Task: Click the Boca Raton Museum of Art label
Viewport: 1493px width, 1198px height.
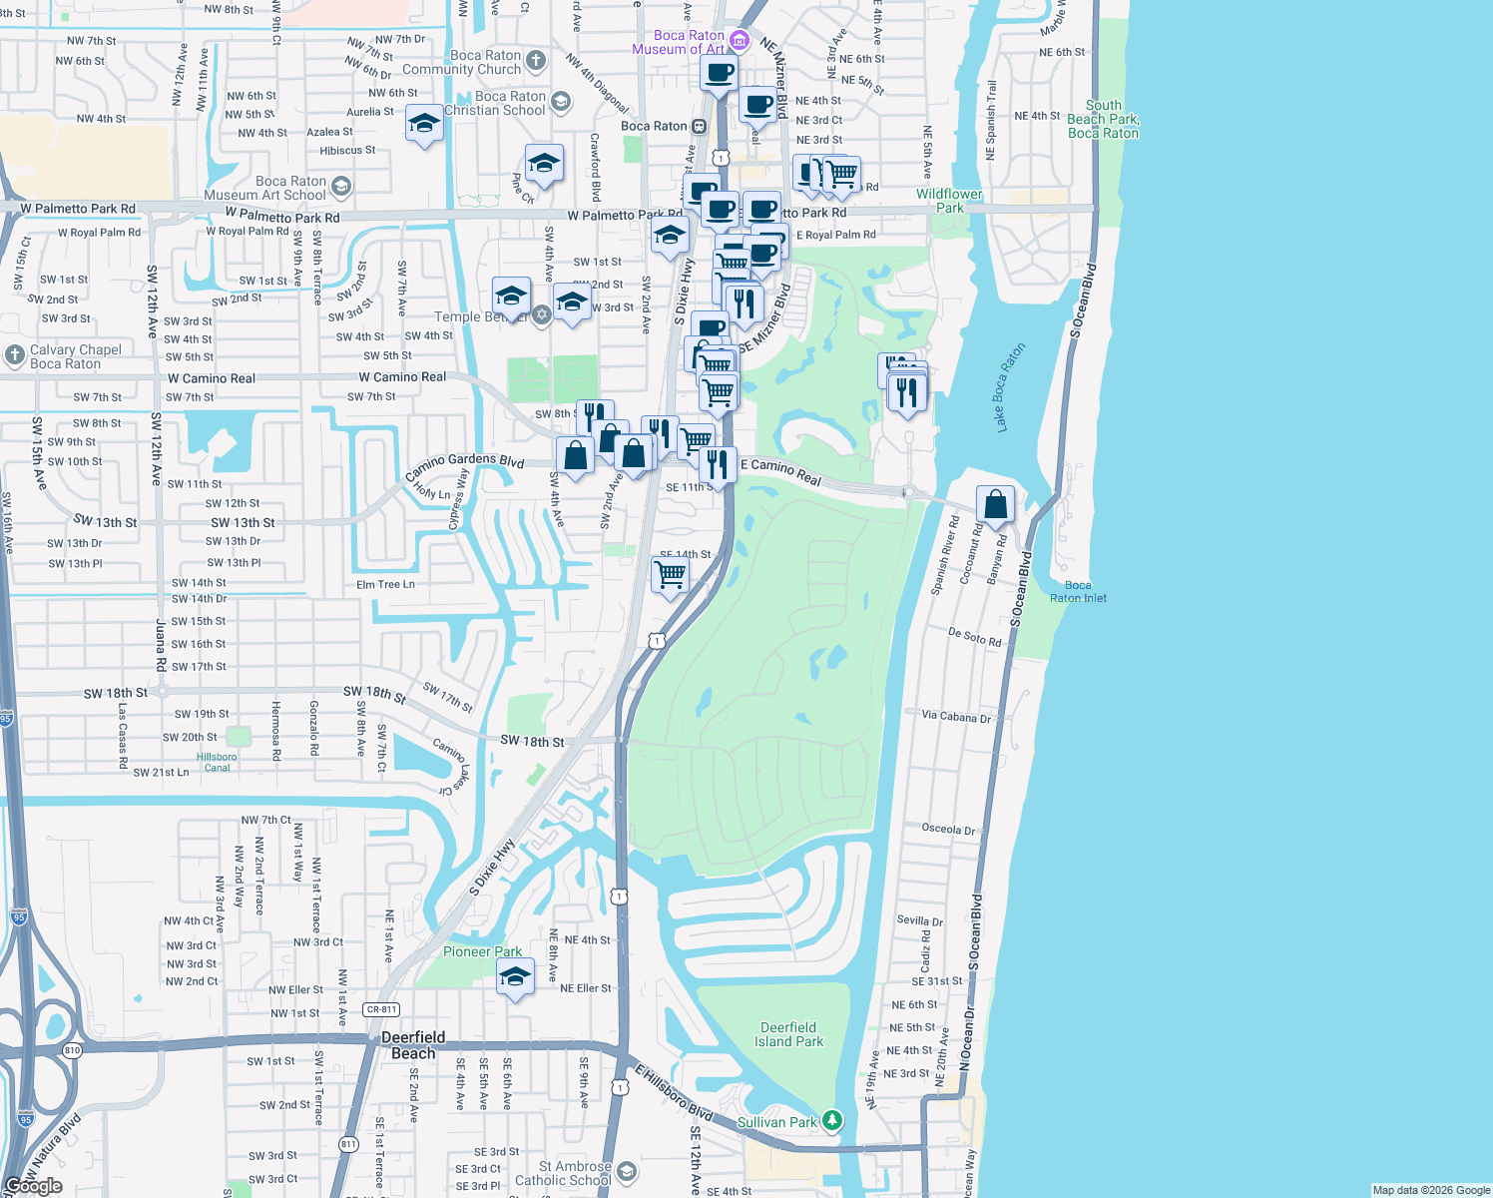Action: tap(679, 42)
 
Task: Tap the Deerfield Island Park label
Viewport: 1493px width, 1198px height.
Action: tap(788, 1034)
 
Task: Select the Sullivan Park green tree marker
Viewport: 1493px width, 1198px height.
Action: tap(831, 1121)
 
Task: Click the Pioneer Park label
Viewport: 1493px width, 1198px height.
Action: tap(482, 951)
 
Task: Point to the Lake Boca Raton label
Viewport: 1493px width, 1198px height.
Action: tap(1010, 388)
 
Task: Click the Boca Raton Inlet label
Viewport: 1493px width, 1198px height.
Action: tap(1078, 592)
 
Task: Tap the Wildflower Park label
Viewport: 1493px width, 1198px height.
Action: tap(949, 201)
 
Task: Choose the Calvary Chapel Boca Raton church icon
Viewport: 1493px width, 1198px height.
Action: tap(15, 354)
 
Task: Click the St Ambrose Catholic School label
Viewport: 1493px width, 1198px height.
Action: tap(563, 1173)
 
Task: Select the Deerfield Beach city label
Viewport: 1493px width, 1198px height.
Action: tap(413, 1045)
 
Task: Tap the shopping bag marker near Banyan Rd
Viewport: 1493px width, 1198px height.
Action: tap(995, 505)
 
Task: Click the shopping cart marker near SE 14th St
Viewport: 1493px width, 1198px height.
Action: tap(670, 575)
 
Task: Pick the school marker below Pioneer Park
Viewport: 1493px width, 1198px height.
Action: tap(515, 977)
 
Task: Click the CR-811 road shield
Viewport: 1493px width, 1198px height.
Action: tap(381, 1009)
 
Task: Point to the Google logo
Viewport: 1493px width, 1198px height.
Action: tap(33, 1186)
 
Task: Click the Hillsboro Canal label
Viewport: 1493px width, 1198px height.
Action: tap(217, 762)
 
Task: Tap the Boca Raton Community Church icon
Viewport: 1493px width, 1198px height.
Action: tap(536, 61)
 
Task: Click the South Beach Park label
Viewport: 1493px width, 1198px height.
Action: tap(1103, 119)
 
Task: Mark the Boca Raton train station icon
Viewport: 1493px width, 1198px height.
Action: tap(699, 126)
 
